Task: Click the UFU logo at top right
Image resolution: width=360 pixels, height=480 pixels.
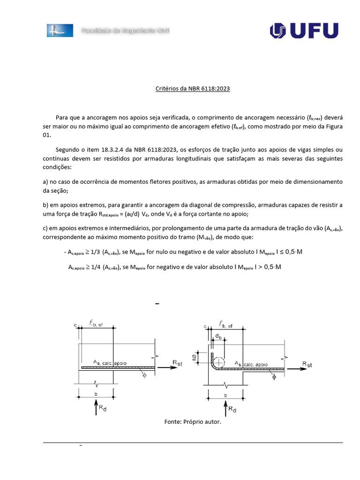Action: click(304, 30)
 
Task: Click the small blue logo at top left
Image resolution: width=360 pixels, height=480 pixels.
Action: click(60, 30)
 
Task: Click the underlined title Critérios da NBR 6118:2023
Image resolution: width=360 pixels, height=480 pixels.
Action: click(193, 88)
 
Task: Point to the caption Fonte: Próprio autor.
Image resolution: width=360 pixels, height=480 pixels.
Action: click(192, 422)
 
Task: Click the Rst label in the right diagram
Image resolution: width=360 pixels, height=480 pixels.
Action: click(307, 364)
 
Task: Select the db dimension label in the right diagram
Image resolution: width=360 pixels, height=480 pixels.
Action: click(219, 336)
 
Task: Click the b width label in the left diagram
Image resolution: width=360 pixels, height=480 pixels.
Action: click(96, 395)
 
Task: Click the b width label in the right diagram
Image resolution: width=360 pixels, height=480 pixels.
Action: click(226, 396)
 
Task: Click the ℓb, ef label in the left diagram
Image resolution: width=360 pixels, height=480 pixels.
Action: click(98, 322)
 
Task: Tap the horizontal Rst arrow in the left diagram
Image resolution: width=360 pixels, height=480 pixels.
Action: click(167, 368)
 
